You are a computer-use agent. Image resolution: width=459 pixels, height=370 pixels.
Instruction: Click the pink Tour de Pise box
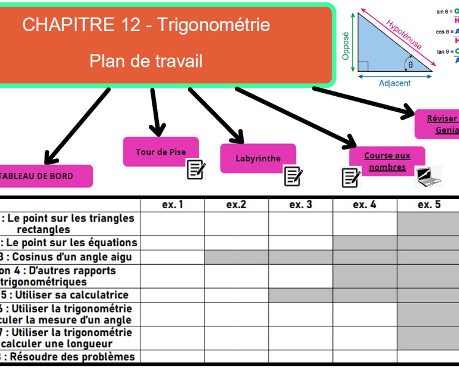tap(160, 152)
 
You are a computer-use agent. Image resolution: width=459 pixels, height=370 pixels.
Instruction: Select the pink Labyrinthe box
tap(258, 158)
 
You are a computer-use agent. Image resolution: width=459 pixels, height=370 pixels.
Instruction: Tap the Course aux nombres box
tap(387, 161)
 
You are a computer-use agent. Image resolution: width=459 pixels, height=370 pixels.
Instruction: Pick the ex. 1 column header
tap(172, 205)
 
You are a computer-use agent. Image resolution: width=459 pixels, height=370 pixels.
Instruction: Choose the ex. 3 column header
tap(301, 205)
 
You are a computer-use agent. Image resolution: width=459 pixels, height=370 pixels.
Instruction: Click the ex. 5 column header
tap(429, 205)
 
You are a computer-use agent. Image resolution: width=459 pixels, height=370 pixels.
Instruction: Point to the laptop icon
tap(428, 176)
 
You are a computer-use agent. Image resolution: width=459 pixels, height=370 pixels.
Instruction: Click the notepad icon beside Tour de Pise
tap(196, 169)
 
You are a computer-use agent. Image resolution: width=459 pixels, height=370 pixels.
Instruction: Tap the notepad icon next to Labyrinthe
tap(293, 176)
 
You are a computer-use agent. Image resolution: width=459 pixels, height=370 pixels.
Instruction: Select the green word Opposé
tap(345, 46)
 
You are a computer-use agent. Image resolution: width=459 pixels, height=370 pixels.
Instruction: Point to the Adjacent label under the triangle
tap(395, 83)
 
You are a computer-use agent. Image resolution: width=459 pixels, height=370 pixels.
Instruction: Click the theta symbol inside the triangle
tap(411, 65)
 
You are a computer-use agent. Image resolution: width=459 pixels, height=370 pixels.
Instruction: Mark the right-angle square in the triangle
tap(363, 66)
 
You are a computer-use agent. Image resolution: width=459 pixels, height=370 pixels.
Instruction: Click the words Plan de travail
tap(146, 61)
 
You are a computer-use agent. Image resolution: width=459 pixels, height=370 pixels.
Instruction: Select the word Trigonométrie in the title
tap(213, 25)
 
